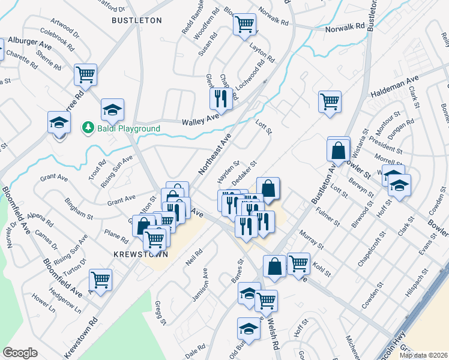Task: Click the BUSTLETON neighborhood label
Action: [137, 20]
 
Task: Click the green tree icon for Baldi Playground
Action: [88, 128]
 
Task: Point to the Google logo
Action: [20, 353]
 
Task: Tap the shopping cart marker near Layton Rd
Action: [244, 25]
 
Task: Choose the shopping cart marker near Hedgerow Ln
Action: [100, 279]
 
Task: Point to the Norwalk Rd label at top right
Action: [345, 27]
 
